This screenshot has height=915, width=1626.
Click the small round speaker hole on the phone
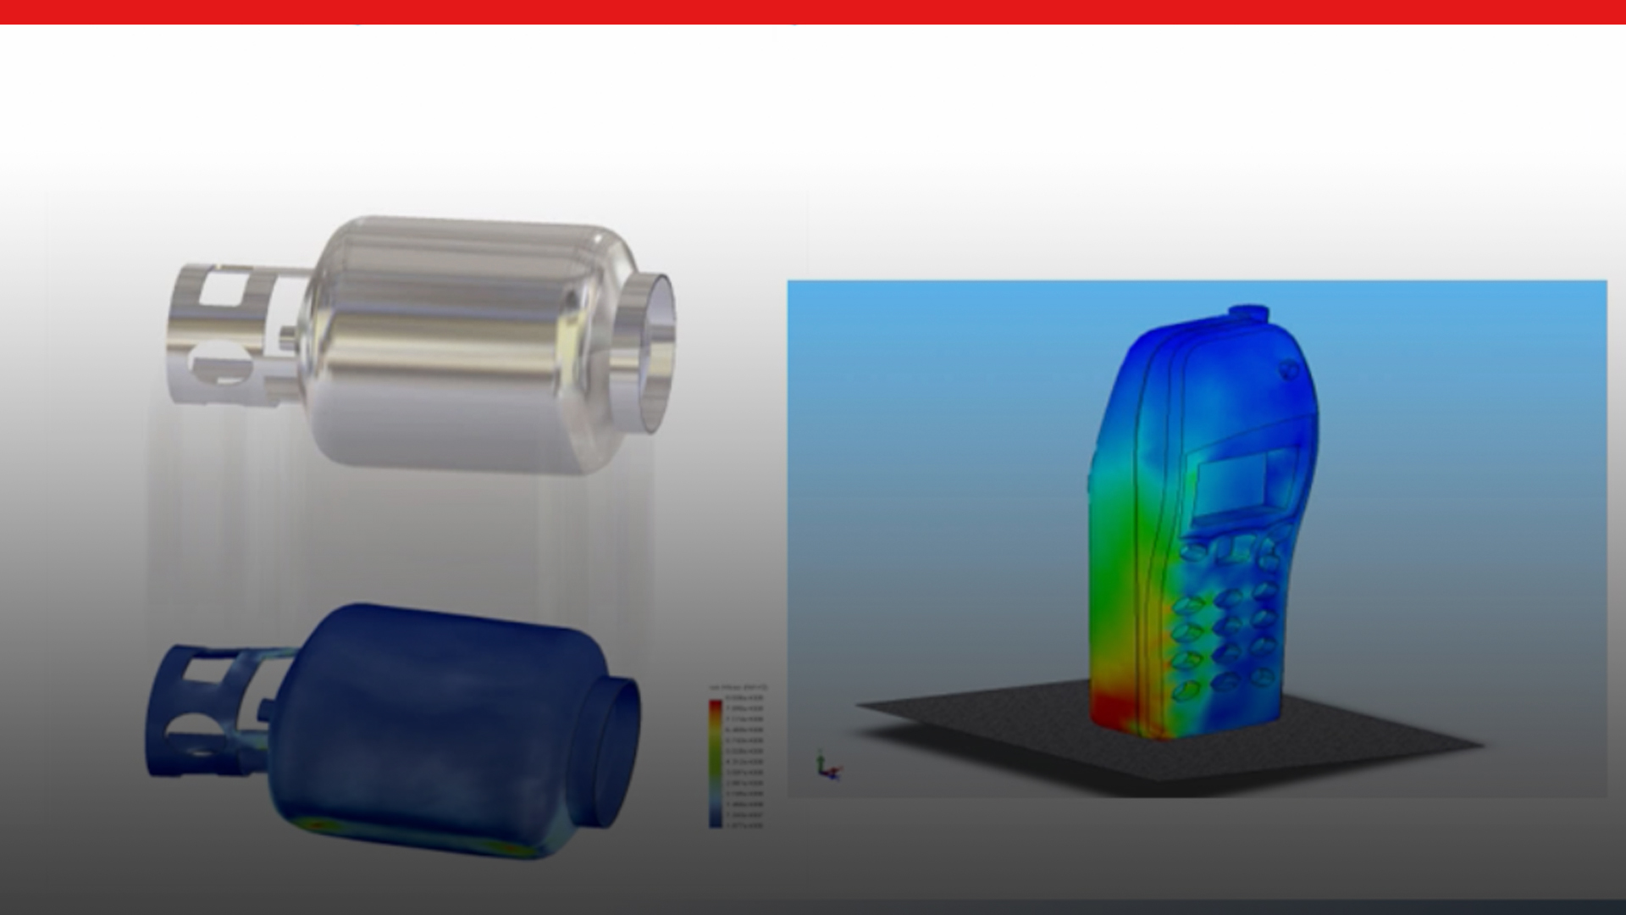click(1289, 369)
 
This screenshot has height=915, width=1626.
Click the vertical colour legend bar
click(716, 762)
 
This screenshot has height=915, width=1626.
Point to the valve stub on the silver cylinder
click(289, 334)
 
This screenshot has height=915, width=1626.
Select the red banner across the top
click(813, 12)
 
